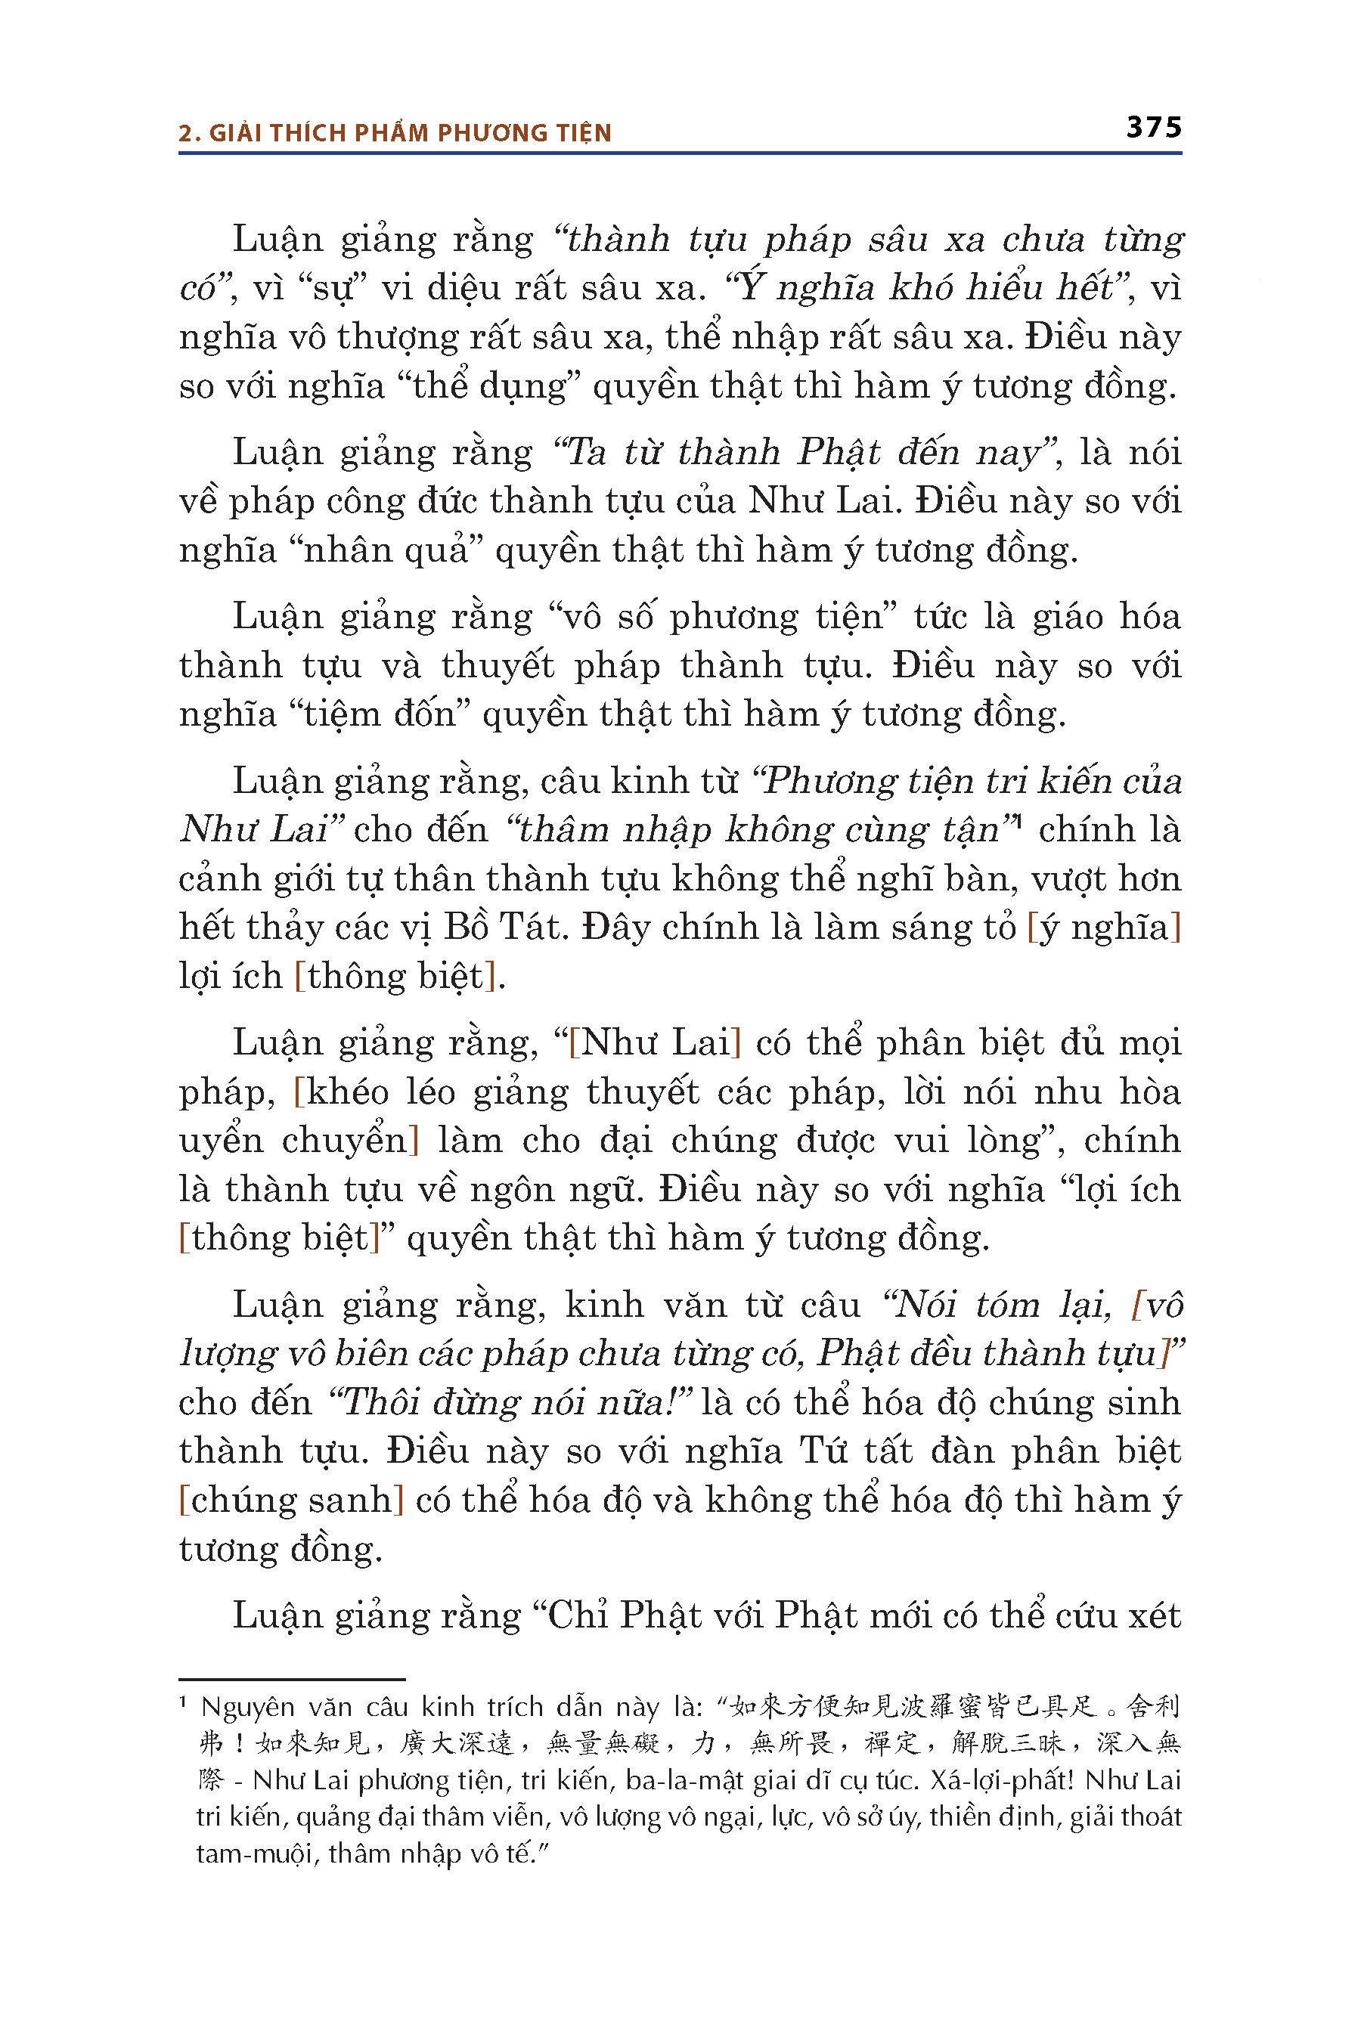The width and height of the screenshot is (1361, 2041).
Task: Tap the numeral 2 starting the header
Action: click(186, 133)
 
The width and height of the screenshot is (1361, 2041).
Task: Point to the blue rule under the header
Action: click(680, 153)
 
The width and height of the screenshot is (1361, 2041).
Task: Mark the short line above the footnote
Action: click(292, 1679)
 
